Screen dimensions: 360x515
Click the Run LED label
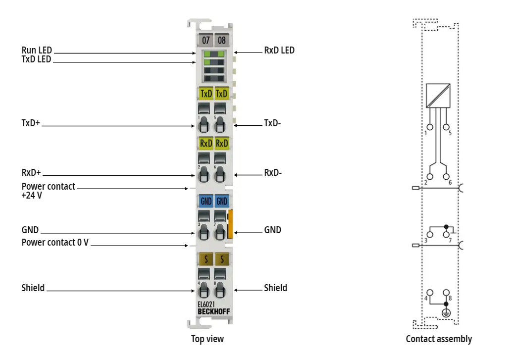(x=37, y=50)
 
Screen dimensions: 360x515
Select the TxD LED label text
(x=37, y=59)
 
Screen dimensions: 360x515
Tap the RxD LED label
(x=279, y=50)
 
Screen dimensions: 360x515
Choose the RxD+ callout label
(x=31, y=173)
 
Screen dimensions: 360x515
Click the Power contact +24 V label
(x=48, y=191)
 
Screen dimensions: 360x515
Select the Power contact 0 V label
(x=55, y=243)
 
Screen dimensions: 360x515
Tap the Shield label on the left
(x=33, y=288)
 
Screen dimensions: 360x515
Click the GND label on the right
(x=273, y=230)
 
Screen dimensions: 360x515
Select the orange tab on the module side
(x=230, y=223)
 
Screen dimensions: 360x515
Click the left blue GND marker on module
(x=206, y=201)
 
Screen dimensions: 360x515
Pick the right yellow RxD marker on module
(x=222, y=144)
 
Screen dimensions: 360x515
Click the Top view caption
(x=207, y=339)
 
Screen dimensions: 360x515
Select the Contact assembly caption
(x=439, y=339)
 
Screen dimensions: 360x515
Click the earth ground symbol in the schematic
(x=446, y=311)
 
